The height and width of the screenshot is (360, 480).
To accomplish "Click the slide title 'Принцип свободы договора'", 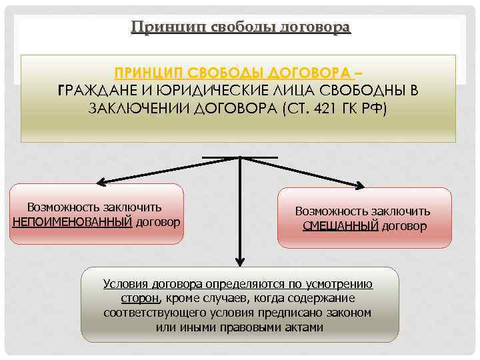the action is point(240,27).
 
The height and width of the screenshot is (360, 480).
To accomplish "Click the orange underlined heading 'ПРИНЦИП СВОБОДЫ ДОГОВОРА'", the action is point(235,72).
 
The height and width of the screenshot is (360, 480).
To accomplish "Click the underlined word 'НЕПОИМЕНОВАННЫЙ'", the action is point(72,221).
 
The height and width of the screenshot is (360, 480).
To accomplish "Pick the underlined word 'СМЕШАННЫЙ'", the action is point(340,226).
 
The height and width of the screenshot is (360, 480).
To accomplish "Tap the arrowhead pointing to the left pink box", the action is point(100,182).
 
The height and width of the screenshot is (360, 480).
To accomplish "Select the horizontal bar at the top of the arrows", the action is point(240,157).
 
